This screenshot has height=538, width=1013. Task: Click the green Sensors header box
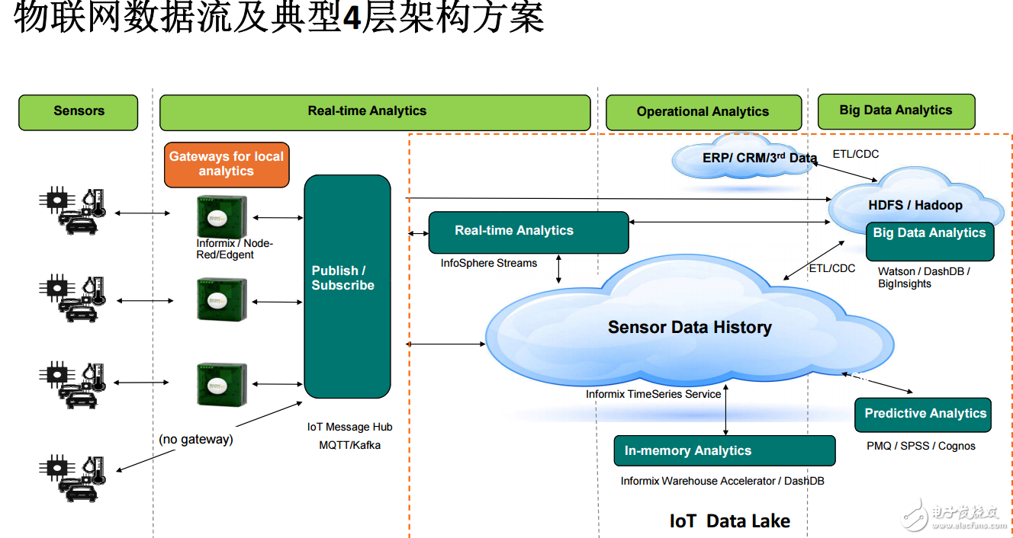79,112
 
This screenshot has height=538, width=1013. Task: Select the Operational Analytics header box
703,112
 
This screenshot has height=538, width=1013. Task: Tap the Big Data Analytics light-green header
896,111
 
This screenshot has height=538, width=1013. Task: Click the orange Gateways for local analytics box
227,165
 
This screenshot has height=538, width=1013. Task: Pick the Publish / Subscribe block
347,286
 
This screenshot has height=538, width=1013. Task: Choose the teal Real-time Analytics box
529,232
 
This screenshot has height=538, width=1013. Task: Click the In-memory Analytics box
724,451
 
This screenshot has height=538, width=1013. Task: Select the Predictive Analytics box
923,415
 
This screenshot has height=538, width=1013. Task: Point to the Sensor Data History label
690,328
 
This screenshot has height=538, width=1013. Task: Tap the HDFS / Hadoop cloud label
915,205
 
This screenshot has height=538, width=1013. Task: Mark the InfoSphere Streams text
489,264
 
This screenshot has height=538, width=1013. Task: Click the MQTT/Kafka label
349,445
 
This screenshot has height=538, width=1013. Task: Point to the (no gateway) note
196,440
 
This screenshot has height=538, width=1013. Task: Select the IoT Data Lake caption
730,521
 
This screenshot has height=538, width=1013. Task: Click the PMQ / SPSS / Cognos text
921,446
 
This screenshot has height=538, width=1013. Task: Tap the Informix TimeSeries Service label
653,395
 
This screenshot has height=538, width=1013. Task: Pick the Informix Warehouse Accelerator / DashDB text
722,482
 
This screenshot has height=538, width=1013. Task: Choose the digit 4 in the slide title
352,18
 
